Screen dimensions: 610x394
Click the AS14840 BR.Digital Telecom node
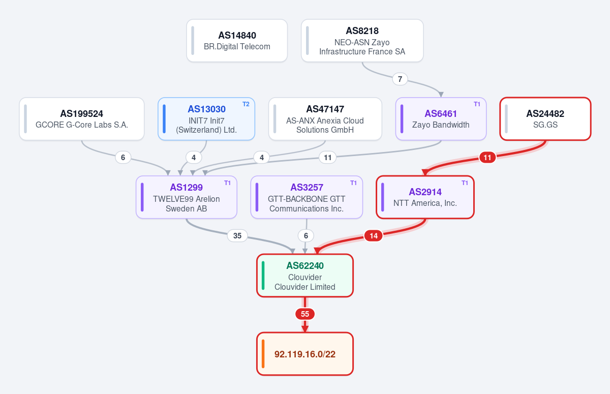(237, 41)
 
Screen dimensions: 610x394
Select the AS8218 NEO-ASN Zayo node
(362, 41)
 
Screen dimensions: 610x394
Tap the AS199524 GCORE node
(82, 119)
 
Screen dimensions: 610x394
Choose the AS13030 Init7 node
(206, 119)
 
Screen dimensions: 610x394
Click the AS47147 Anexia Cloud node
(325, 119)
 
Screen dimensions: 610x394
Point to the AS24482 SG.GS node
(545, 119)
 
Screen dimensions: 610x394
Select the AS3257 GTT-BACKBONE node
(307, 197)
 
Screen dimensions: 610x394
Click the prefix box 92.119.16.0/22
(305, 354)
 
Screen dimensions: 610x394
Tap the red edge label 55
(305, 314)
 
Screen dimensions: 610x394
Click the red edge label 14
(374, 235)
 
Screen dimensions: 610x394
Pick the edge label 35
(237, 235)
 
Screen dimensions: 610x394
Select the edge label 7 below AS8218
(400, 79)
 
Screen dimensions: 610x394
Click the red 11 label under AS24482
(487, 158)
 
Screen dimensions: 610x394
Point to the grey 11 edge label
(327, 158)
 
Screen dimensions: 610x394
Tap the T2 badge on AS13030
(246, 104)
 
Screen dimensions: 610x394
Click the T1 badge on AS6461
(477, 104)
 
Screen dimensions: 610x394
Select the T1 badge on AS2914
(465, 183)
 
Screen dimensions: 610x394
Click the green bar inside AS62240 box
(263, 276)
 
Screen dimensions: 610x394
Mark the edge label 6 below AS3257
(306, 235)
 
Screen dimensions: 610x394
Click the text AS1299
(186, 187)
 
